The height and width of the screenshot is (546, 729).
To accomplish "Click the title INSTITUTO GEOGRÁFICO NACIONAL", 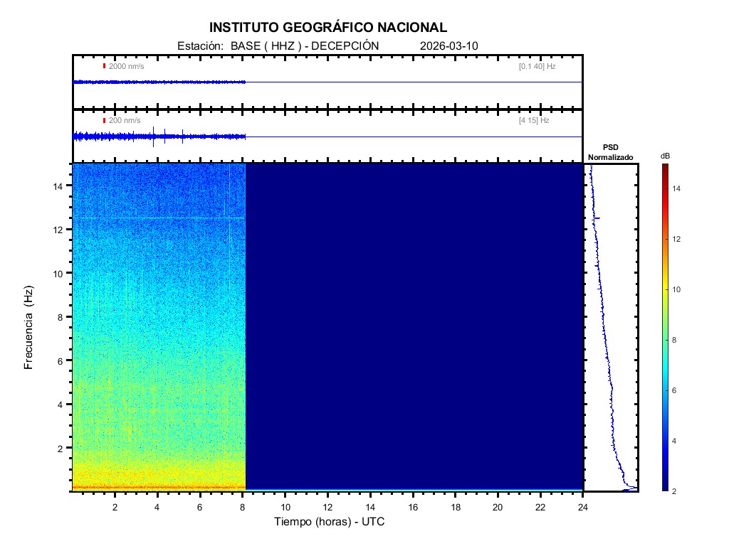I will [x=328, y=28].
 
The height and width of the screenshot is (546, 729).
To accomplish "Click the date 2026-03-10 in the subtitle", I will [x=449, y=45].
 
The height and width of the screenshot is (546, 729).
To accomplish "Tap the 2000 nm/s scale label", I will [x=126, y=66].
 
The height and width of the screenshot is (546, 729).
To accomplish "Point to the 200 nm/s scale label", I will [x=125, y=121].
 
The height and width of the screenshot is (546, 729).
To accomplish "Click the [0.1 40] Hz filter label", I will [x=537, y=66].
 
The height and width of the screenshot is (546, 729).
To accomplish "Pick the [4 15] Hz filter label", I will [x=534, y=121].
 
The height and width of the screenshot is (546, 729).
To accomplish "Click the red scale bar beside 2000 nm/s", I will [x=104, y=66].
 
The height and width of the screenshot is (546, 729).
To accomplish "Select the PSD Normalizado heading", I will [x=610, y=152].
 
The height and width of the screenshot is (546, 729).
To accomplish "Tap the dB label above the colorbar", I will [x=665, y=156].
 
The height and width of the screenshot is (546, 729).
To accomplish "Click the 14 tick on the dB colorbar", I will [x=678, y=188].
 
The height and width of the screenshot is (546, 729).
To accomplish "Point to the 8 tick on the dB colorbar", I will [x=676, y=341].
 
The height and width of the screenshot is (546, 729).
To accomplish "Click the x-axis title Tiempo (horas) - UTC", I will [x=330, y=522].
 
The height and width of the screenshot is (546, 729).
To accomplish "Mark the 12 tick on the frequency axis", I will [x=61, y=229].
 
